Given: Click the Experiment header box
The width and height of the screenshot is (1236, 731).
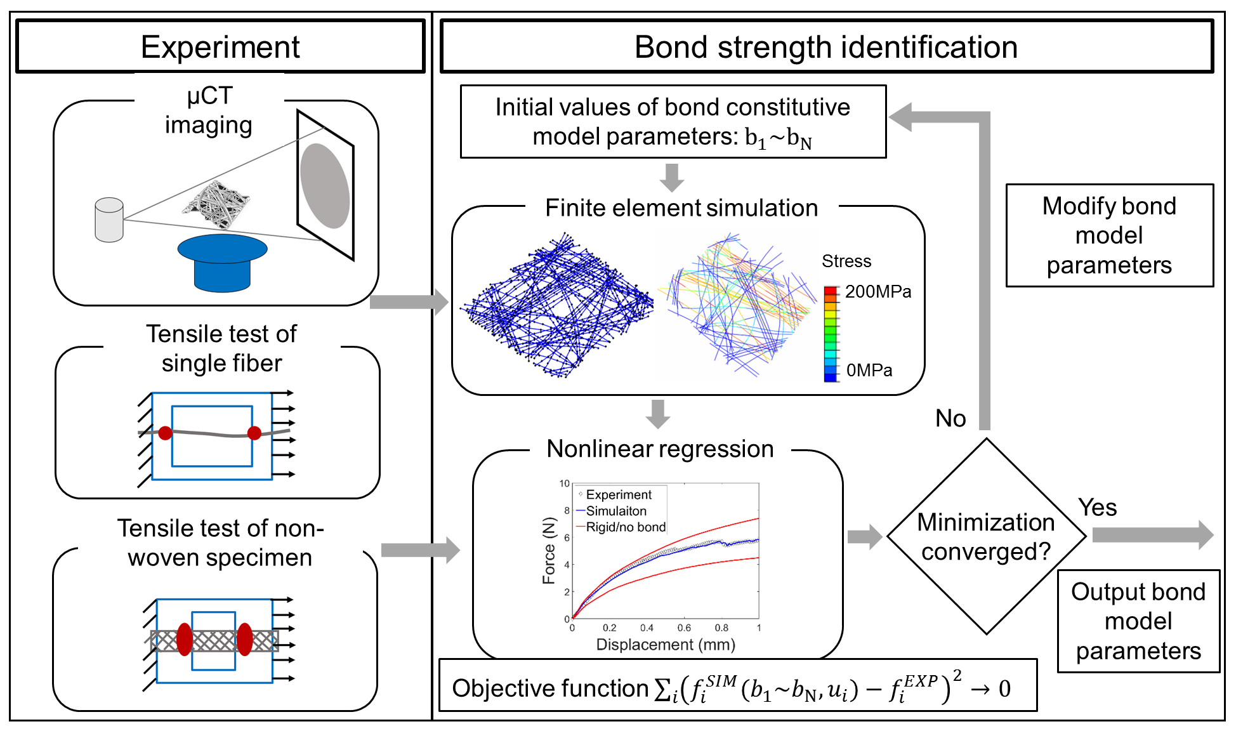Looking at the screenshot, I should point(220,46).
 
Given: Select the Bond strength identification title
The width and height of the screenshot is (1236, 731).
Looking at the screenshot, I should point(826,46).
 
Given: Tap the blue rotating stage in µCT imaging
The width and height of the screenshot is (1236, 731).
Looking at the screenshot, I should point(222,261).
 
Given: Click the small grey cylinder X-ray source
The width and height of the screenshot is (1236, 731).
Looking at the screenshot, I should point(109,220).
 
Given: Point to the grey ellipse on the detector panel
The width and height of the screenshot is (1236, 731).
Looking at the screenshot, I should point(325,185).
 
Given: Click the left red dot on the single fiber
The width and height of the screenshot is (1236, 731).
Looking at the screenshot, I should point(165,433).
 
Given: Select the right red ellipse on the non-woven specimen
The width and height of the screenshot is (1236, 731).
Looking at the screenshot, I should point(244,638).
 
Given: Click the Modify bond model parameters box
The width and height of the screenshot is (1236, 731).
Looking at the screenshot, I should point(1109,235).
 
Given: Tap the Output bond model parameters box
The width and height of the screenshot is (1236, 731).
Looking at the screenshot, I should point(1138,621).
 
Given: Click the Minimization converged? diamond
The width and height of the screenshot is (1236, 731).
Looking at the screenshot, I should point(986,536).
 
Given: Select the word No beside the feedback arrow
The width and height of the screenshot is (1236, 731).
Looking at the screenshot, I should point(950,418).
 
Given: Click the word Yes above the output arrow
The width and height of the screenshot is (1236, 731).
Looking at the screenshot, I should point(1097,507).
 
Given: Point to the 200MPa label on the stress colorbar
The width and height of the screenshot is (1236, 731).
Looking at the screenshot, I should point(878,291).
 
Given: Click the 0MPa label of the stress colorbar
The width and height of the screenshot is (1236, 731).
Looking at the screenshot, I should point(869,370).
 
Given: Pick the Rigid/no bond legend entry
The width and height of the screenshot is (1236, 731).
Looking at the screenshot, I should point(625,527).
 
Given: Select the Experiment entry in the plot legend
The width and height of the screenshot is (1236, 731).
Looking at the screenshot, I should point(618,494).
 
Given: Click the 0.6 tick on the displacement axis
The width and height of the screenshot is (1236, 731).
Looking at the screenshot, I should point(684,628).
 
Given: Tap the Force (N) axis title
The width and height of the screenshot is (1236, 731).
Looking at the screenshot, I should point(549,550).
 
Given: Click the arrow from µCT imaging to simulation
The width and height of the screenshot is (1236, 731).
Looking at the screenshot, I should point(409,301).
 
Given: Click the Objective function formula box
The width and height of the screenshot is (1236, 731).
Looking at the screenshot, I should point(738,688).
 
